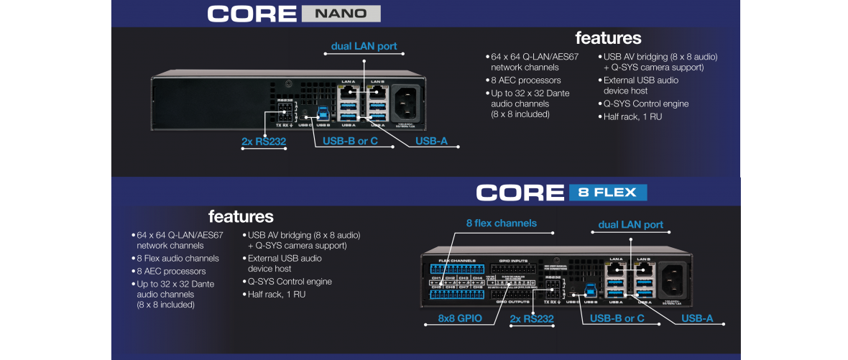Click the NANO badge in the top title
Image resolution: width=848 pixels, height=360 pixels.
[x=341, y=13]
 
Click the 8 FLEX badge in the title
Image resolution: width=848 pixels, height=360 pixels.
[x=608, y=192]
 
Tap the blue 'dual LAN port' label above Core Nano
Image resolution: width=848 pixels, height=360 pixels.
[x=364, y=46]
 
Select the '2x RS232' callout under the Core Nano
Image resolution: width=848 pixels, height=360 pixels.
[x=264, y=141]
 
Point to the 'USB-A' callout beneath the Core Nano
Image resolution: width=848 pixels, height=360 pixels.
[x=431, y=141]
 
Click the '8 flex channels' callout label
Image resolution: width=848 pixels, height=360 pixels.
[x=501, y=223]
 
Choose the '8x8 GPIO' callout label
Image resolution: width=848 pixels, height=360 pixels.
[x=460, y=318]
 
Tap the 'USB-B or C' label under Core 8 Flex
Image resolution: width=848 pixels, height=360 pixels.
[x=617, y=318]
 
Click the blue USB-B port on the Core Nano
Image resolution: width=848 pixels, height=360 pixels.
[x=323, y=113]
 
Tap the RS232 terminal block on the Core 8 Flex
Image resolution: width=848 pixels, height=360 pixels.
[x=553, y=292]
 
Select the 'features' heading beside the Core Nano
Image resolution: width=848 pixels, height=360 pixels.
[x=608, y=37]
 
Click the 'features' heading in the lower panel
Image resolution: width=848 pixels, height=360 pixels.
[x=241, y=216]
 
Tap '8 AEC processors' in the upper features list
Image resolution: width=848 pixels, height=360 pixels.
[x=525, y=80]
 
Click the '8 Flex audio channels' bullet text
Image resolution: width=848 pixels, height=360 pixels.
[x=178, y=258]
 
